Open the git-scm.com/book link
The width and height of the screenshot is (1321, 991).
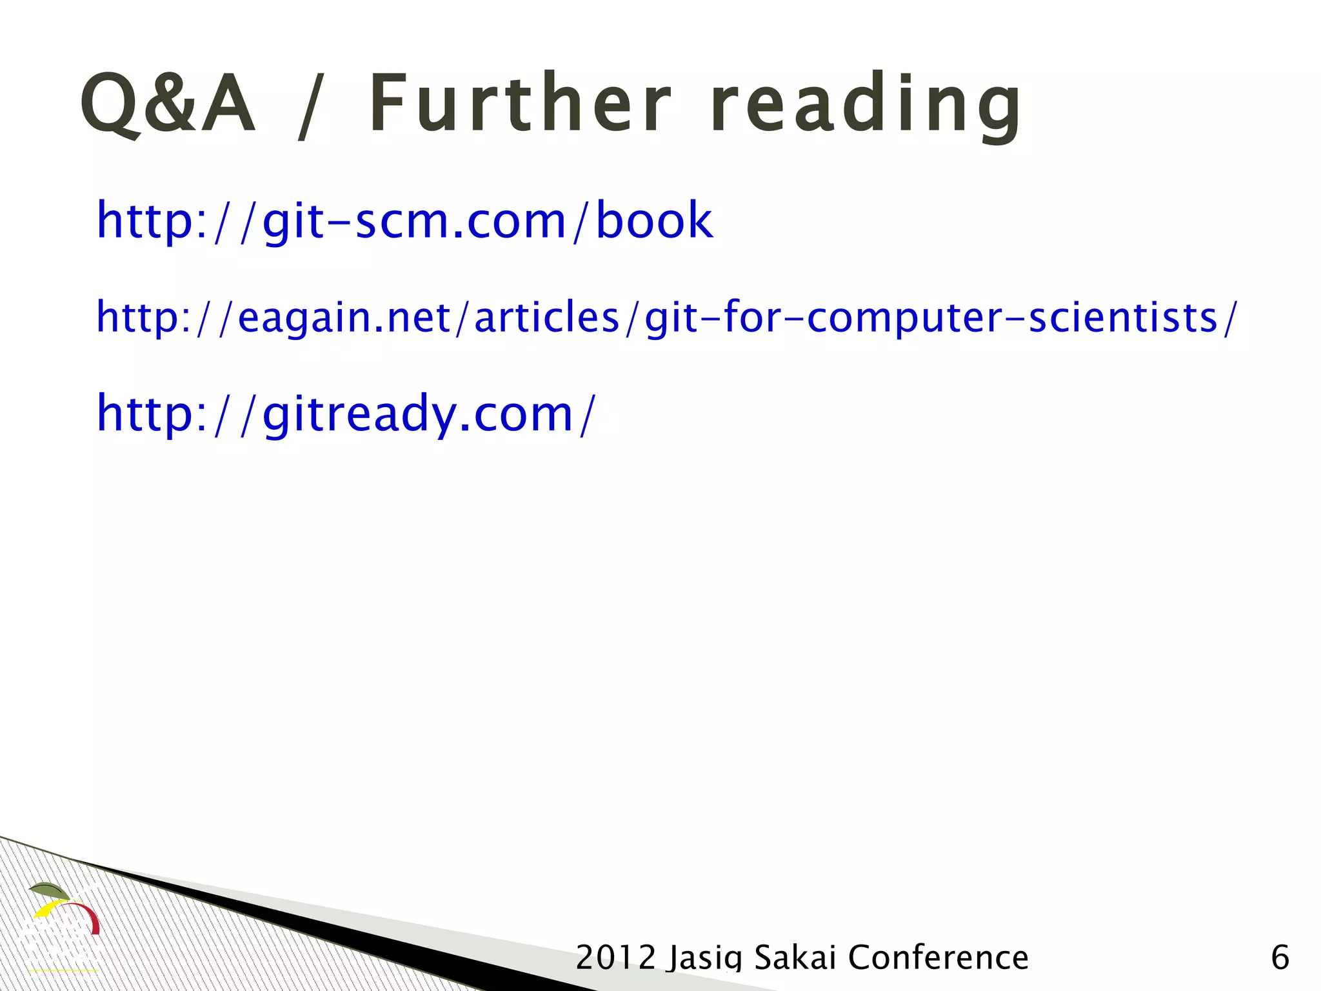[x=404, y=220]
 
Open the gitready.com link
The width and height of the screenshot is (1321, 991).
[x=346, y=414]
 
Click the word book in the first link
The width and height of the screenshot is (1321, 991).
[x=653, y=220]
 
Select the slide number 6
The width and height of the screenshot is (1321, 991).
[x=1280, y=957]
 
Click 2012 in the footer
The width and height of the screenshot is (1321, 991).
[x=615, y=957]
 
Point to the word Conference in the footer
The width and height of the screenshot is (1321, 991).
[x=938, y=957]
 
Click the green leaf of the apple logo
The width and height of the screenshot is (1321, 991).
[x=48, y=890]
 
